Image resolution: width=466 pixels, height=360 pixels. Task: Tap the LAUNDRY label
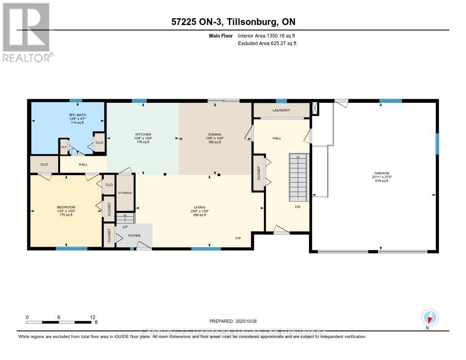pyautogui.click(x=281, y=110)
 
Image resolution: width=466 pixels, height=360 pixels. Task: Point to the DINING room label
pyautogui.click(x=214, y=134)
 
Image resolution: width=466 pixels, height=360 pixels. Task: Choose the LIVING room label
pyautogui.click(x=200, y=207)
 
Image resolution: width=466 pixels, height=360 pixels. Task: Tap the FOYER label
pyautogui.click(x=134, y=235)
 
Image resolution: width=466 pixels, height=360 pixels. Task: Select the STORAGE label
pyautogui.click(x=125, y=193)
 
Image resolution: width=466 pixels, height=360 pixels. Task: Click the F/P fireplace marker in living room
pyautogui.click(x=238, y=238)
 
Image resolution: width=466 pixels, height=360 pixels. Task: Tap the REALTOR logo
pyautogui.click(x=27, y=32)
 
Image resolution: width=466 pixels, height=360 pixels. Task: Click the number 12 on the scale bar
pyautogui.click(x=92, y=317)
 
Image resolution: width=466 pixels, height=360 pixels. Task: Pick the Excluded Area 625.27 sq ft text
pyautogui.click(x=268, y=43)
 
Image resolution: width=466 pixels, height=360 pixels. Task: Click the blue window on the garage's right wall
pyautogui.click(x=437, y=143)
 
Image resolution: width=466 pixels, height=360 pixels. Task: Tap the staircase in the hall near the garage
pyautogui.click(x=299, y=177)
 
